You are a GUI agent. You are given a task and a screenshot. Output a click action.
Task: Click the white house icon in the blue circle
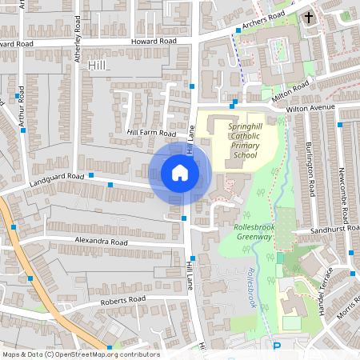tap(180, 172)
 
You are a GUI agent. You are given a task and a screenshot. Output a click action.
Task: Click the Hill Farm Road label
tap(150, 133)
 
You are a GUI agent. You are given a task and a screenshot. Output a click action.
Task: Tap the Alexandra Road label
tap(102, 241)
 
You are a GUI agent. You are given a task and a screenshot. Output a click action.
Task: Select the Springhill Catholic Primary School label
tap(242, 141)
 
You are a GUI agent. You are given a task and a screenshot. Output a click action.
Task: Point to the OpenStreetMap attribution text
tap(80, 354)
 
